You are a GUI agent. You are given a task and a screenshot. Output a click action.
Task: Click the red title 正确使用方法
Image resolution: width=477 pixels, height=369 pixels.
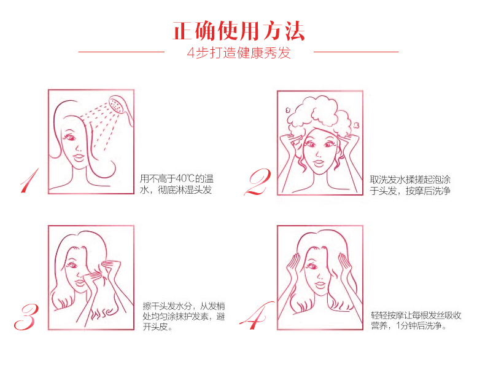tap(239, 31)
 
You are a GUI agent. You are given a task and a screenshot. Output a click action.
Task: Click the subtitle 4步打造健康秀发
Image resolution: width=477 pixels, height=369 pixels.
tap(239, 53)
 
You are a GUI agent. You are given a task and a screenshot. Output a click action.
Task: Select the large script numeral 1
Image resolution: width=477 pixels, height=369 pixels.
tap(30, 180)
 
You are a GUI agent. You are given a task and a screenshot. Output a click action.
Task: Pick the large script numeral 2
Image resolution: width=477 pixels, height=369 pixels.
tap(257, 182)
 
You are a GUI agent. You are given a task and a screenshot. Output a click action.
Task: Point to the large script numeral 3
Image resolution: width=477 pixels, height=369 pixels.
tap(26, 317)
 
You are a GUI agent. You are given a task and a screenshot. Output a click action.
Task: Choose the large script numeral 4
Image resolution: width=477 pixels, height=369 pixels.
tap(256, 315)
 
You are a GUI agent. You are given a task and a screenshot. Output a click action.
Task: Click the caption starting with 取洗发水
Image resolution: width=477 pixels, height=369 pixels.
tap(410, 185)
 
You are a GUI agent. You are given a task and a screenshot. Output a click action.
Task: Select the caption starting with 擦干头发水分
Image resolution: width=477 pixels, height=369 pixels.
tap(184, 316)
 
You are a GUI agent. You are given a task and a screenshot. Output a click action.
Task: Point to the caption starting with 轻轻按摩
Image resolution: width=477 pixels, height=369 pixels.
tap(416, 320)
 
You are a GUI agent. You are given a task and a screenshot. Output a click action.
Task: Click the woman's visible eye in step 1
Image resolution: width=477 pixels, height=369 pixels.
tap(70, 138)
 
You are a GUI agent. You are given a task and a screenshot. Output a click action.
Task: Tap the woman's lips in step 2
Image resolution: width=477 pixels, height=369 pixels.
tap(319, 163)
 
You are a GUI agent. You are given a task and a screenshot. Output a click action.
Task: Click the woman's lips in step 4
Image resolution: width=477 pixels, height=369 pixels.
tap(320, 285)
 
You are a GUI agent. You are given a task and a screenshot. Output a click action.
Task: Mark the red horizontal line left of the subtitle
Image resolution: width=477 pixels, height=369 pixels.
tap(122, 52)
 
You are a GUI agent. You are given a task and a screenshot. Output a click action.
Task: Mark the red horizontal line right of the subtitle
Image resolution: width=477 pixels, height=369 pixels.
tap(356, 52)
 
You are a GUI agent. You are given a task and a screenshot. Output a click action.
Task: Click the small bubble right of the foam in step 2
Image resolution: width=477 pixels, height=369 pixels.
tap(357, 125)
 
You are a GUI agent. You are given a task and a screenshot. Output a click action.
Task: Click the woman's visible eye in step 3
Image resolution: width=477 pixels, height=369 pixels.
tap(72, 266)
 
